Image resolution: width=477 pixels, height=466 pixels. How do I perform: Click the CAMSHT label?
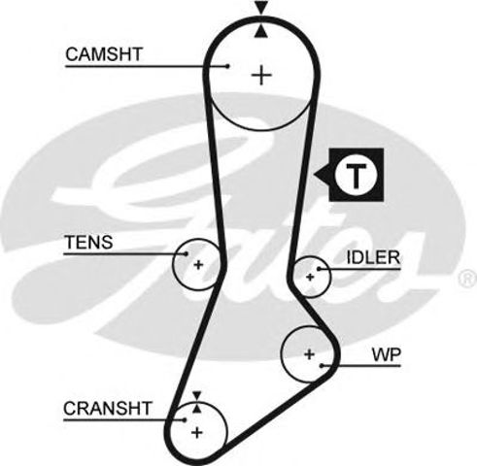coord(104,54)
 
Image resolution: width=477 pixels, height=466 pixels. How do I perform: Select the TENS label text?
coord(88,242)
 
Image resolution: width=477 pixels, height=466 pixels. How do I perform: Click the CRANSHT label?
coord(108,408)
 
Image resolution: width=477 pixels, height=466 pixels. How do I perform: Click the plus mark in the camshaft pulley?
coord(261,74)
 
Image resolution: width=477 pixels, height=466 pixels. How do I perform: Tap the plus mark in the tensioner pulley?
coord(198,264)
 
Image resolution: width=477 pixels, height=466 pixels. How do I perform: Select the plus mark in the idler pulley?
coord(311,277)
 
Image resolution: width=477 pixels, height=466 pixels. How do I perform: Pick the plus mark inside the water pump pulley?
coord(309,354)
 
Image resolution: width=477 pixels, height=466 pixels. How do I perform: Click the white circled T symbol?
coord(357,176)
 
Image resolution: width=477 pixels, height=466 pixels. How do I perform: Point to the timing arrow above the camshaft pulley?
coord(259,10)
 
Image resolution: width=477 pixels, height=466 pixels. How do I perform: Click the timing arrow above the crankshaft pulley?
coord(197,395)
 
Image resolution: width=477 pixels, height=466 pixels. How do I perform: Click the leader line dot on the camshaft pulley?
coord(225,66)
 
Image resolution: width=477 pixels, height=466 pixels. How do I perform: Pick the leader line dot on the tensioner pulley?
coord(184,253)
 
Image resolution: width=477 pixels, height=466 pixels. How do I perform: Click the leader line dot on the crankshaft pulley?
coord(185,419)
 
